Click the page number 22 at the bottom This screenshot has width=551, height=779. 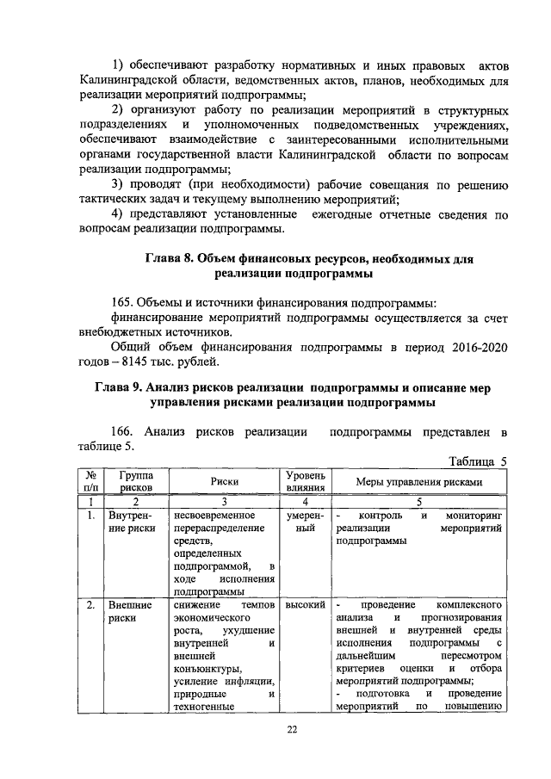[x=292, y=730]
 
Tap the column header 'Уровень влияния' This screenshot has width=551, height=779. [x=304, y=482]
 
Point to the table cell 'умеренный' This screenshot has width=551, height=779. [x=304, y=522]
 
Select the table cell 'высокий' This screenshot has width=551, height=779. [x=304, y=606]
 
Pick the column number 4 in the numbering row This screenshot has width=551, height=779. [x=304, y=500]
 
